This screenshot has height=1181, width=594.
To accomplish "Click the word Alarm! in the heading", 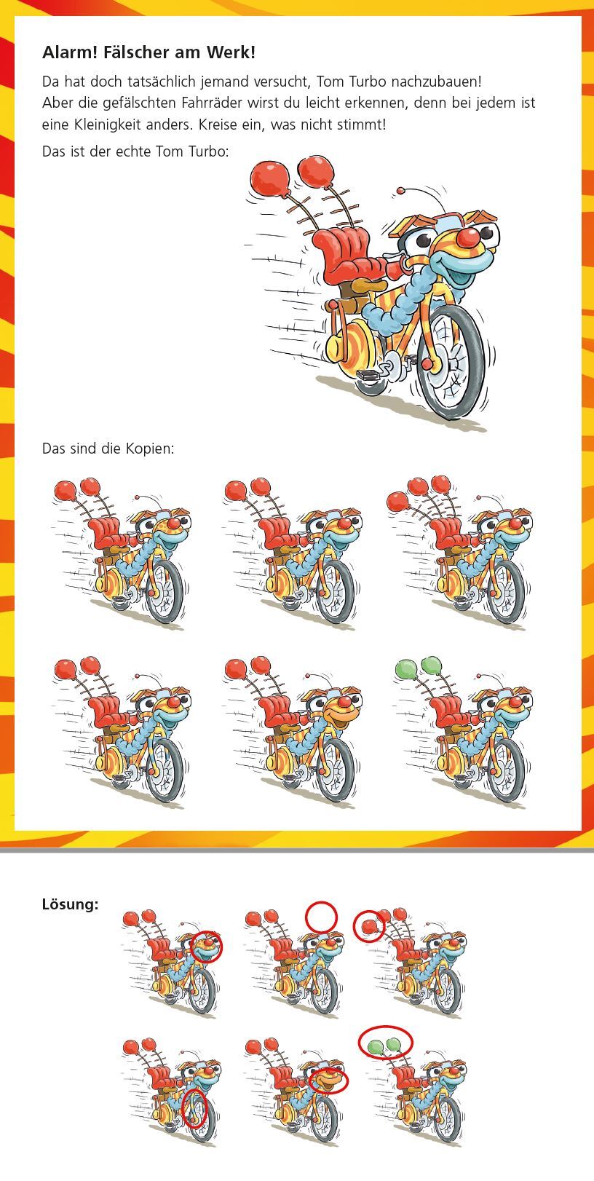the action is pyautogui.click(x=70, y=52).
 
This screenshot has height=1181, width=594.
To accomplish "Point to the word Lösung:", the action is pyautogui.click(x=70, y=905).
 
